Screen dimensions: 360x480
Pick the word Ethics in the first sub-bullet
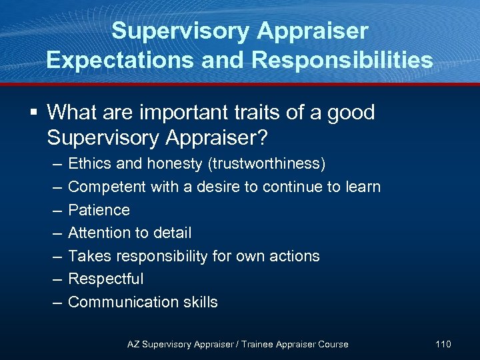click(91, 164)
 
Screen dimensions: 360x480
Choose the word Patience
click(99, 210)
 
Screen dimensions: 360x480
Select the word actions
click(294, 256)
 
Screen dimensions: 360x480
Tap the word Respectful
click(106, 279)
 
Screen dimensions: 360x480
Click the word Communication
click(121, 302)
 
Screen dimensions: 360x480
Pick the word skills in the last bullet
click(198, 302)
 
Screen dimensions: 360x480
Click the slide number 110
click(443, 344)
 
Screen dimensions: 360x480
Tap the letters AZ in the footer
click(133, 344)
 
